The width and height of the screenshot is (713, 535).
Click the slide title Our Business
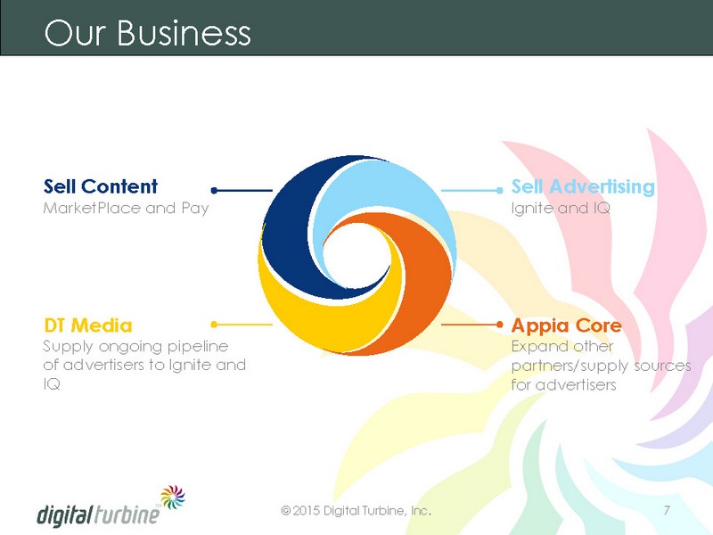coord(147,32)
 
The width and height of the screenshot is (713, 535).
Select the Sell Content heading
coord(101,186)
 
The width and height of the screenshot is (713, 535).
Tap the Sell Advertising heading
coord(583,187)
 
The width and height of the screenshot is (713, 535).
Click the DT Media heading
coord(88,325)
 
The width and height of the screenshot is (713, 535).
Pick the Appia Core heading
coord(567,326)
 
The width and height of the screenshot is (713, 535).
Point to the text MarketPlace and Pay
coord(126,209)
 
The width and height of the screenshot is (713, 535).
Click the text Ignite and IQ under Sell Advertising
coord(561,209)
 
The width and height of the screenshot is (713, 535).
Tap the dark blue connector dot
coord(214,190)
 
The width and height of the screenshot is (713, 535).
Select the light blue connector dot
coord(500,190)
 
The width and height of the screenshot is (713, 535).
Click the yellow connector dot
coord(214,325)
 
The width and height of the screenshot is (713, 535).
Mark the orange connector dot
coord(500,325)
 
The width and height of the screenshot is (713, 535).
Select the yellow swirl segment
coord(327,314)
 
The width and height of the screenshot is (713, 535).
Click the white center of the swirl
coord(357,255)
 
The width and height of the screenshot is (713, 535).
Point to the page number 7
coord(667,510)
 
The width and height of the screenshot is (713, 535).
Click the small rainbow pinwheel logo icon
coord(173,497)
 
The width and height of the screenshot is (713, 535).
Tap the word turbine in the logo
coord(127,514)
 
